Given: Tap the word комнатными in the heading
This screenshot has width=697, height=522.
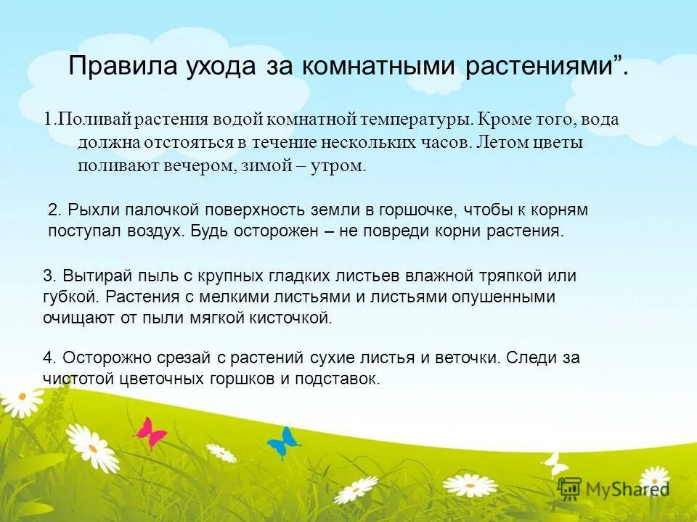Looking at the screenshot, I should click(x=374, y=66).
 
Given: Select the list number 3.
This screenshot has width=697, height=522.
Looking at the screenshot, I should click(x=49, y=275).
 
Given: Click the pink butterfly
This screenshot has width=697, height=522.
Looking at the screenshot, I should click(x=151, y=433).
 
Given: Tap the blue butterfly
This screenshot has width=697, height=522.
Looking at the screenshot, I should click(x=283, y=440).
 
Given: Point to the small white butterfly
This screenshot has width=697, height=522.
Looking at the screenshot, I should click(x=555, y=463).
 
